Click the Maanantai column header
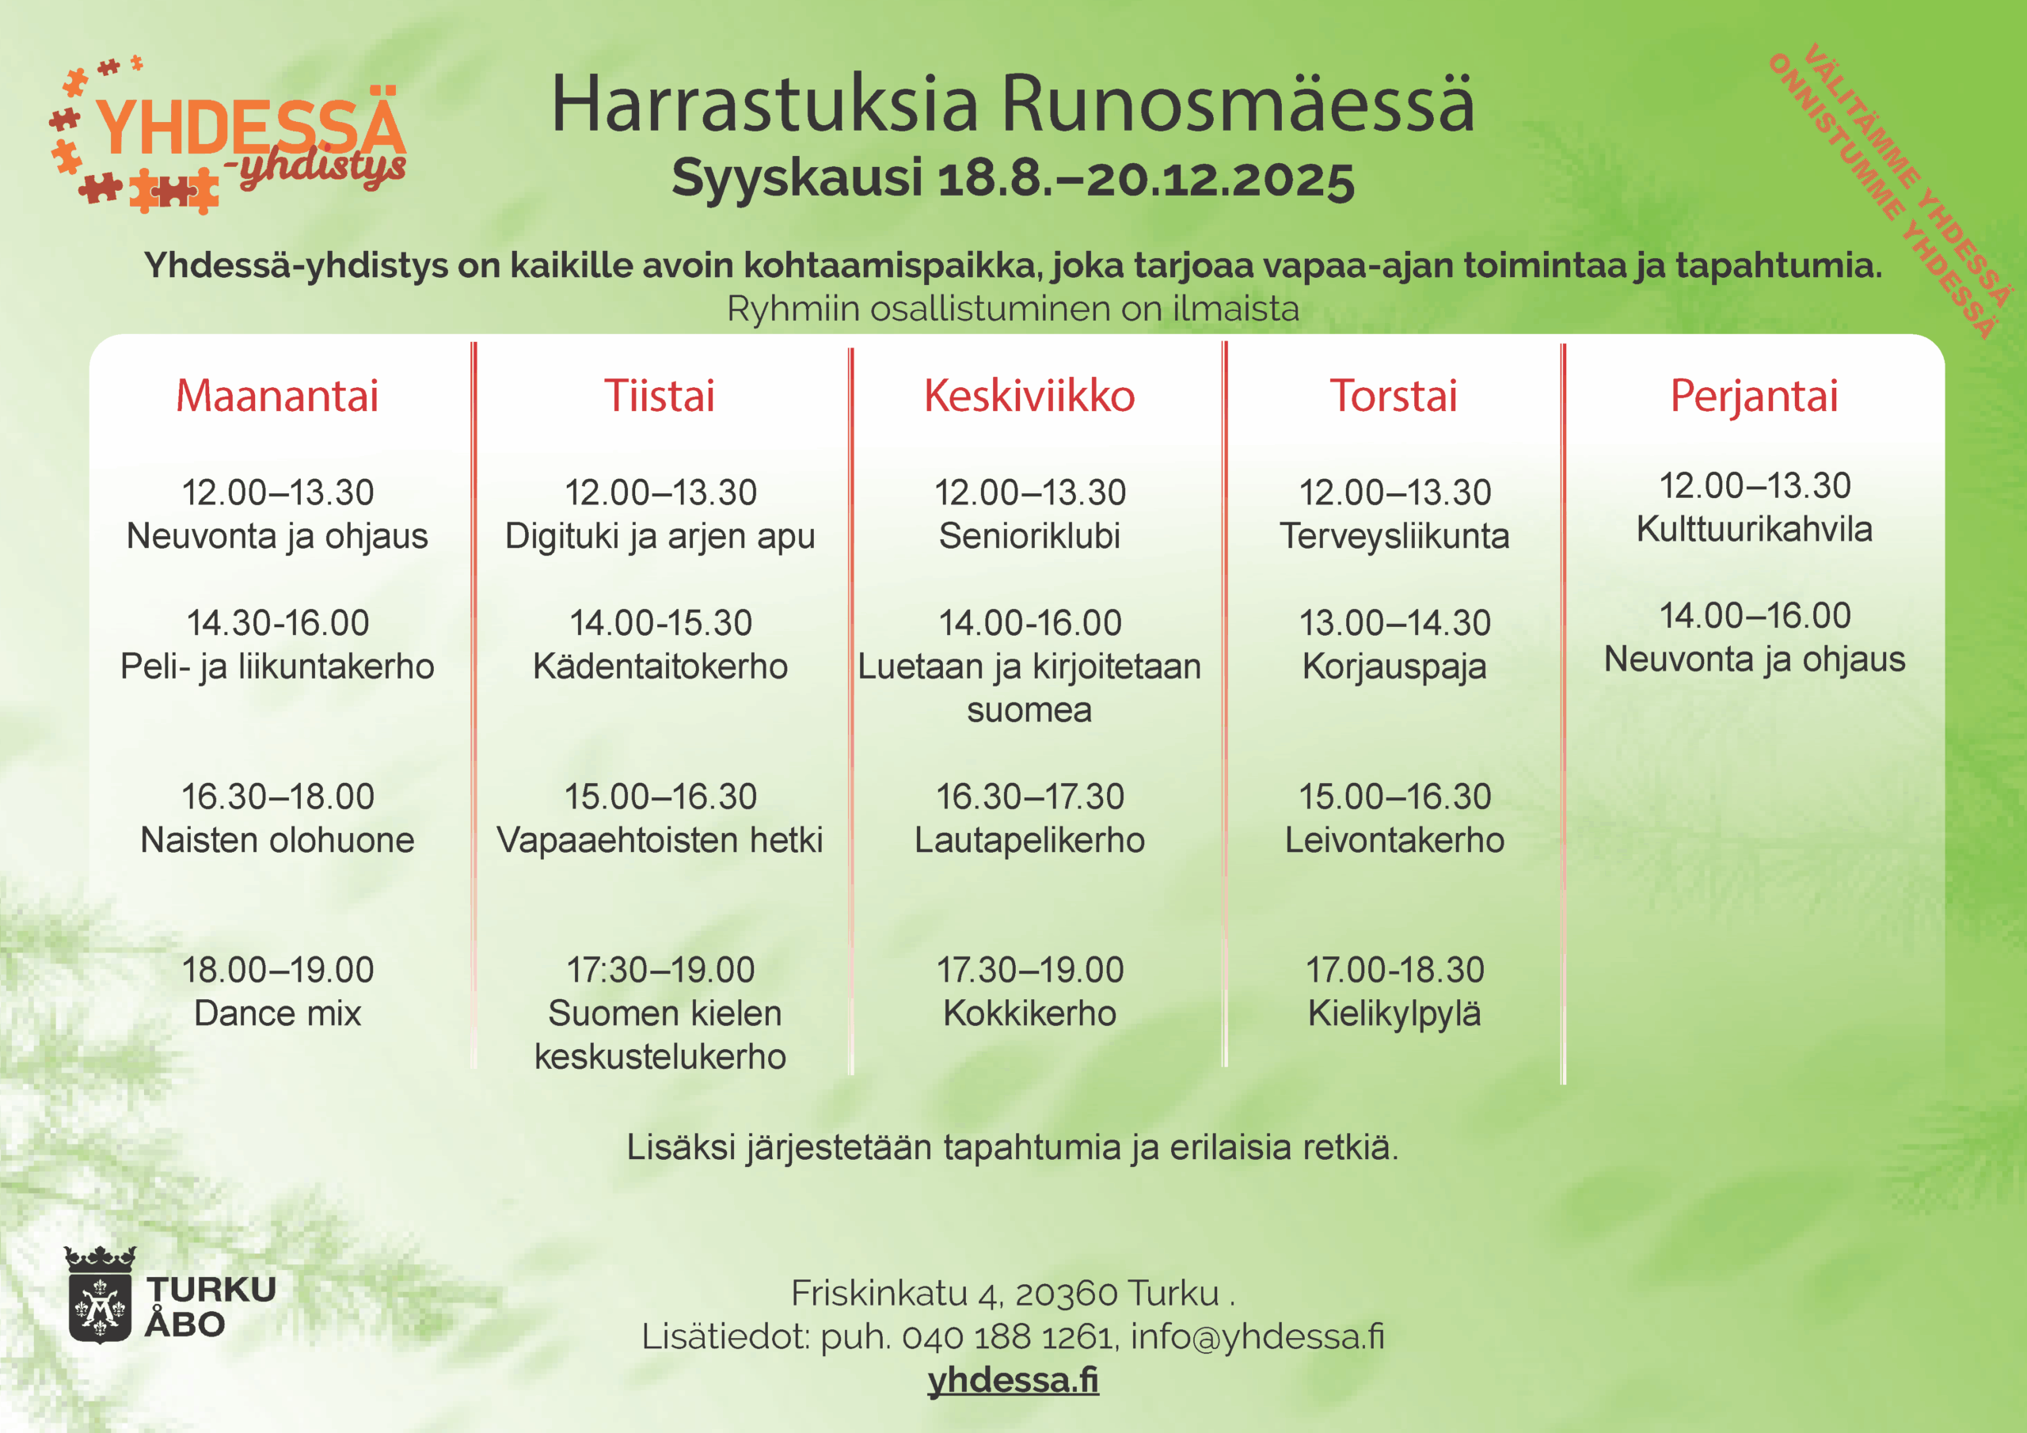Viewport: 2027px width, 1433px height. click(277, 395)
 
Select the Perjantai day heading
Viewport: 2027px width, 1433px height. click(1754, 397)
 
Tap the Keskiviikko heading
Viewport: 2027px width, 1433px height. click(1029, 395)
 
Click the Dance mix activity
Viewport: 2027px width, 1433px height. click(277, 1013)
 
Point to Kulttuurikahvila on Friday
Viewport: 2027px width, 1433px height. click(1754, 529)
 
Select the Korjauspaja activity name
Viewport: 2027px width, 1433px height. click(1394, 667)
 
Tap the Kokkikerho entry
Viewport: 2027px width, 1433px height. click(1029, 1013)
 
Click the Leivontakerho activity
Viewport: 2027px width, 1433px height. click(1394, 840)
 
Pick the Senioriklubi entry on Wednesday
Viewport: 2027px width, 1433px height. click(1029, 535)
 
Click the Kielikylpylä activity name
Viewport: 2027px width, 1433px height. click(1394, 1014)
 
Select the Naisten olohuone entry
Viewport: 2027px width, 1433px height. click(277, 840)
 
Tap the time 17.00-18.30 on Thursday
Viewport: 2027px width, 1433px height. click(1395, 970)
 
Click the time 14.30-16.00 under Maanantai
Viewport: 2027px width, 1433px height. click(277, 622)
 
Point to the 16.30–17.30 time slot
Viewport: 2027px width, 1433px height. click(1029, 796)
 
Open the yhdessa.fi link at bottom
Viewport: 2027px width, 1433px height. click(1013, 1380)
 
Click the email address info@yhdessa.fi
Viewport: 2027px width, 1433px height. click(1257, 1336)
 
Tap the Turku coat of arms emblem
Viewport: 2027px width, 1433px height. click(100, 1294)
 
